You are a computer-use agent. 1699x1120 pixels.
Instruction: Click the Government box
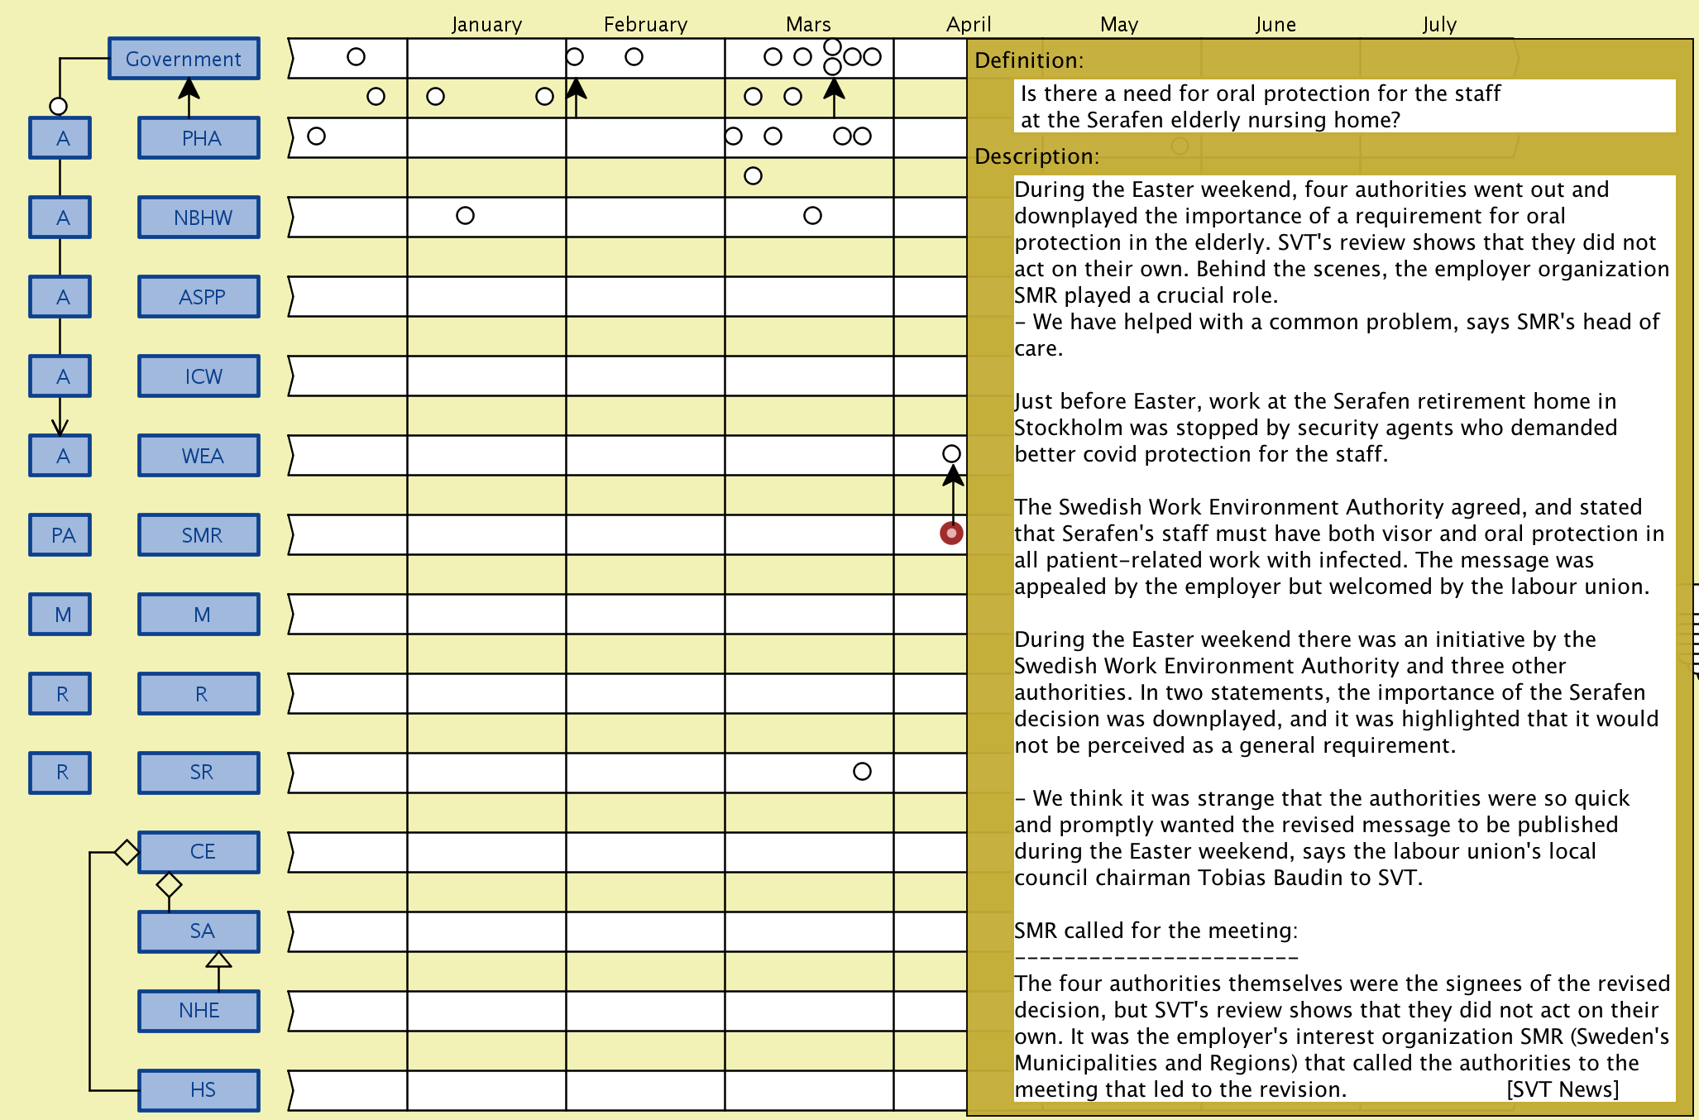pos(184,59)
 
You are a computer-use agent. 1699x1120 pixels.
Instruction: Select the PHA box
pos(199,138)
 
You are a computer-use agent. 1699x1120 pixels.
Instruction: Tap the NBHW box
pos(199,218)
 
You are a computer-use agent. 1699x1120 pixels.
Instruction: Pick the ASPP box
pos(199,297)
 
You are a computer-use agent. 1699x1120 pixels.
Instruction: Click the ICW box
pos(199,376)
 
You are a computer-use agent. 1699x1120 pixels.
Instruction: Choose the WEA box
pos(199,456)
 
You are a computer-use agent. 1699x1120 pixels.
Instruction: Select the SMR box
pos(199,535)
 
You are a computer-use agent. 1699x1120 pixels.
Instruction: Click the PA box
pos(60,535)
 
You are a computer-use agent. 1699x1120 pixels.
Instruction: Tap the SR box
pos(199,773)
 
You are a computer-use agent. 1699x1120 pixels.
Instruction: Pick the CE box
pos(199,852)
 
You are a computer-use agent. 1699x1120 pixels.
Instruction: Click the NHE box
pos(199,1011)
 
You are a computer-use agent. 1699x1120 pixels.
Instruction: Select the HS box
pos(199,1090)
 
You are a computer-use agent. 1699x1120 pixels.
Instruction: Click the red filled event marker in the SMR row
pos(951,534)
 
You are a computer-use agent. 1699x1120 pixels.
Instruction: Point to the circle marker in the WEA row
pos(951,453)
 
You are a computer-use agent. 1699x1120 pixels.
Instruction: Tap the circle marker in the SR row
pos(862,771)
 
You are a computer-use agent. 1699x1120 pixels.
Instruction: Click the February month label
pos(645,25)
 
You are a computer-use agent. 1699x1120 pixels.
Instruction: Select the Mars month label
pos(808,25)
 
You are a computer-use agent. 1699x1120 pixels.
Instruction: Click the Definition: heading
pos(1029,60)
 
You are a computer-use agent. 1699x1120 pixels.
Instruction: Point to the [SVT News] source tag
pos(1563,1089)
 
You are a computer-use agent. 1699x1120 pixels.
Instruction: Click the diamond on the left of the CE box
pos(127,852)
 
